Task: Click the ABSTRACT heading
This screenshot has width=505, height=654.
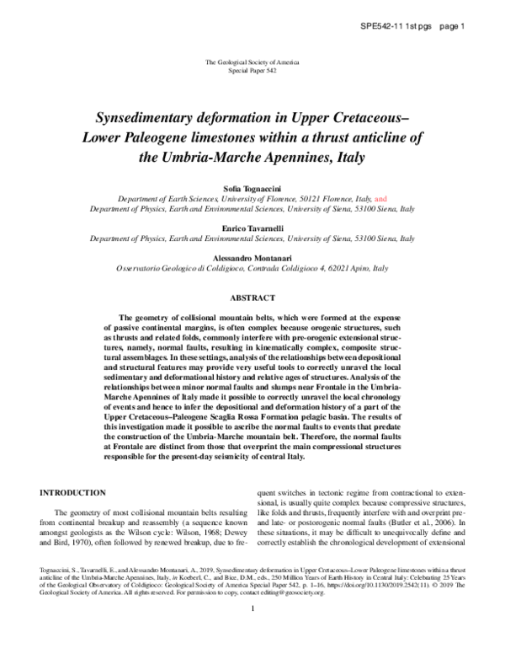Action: point(252,298)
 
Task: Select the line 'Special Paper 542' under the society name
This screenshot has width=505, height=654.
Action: point(252,72)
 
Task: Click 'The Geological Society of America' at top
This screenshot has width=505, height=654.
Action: point(252,64)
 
